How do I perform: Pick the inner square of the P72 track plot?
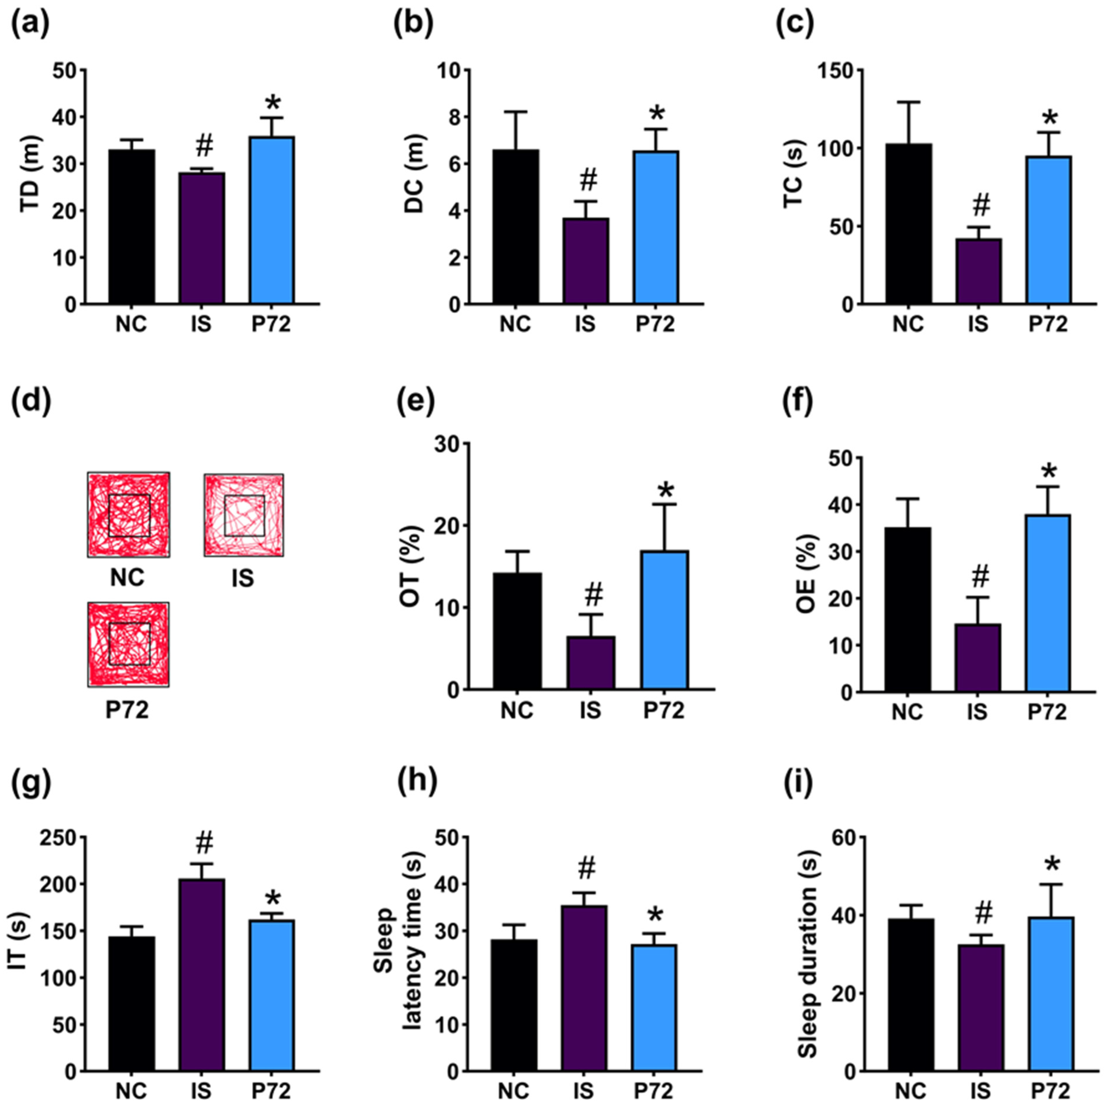pyautogui.click(x=129, y=644)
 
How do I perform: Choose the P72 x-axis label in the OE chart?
pyautogui.click(x=1047, y=713)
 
